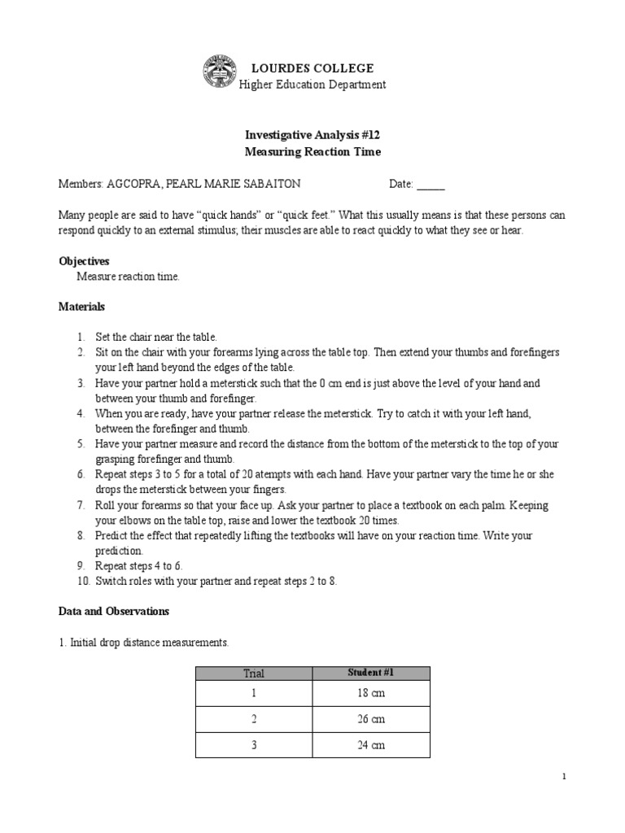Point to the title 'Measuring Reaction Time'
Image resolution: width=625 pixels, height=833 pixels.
pos(312,152)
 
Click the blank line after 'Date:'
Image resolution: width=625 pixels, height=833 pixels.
pos(431,185)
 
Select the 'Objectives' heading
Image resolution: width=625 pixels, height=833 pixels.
pos(84,261)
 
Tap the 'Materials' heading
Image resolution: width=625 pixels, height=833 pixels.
pos(81,307)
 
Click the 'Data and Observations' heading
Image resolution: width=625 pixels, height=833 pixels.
pos(114,611)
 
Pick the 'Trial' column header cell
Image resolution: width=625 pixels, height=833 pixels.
pos(254,673)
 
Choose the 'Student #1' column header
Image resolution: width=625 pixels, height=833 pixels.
pos(371,673)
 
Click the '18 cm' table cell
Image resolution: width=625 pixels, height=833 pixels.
pos(371,693)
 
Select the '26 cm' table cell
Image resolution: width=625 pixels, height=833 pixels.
pos(371,719)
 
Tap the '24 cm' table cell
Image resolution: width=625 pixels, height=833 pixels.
pos(371,745)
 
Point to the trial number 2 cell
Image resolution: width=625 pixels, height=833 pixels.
pos(254,719)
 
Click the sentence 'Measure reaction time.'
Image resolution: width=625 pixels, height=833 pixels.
pos(128,277)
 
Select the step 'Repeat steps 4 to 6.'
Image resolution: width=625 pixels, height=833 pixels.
pos(139,565)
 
